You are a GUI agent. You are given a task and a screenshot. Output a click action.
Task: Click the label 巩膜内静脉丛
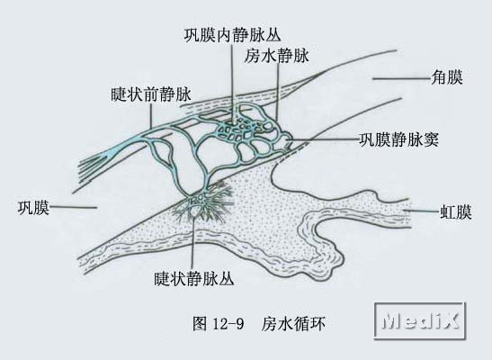coord(232,34)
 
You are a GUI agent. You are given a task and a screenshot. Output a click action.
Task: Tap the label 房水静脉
coord(277,56)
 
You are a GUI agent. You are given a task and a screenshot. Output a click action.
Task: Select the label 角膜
coord(447,77)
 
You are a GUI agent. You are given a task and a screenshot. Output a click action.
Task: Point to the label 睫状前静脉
coord(151,94)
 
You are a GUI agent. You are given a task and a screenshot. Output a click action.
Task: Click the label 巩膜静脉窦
coord(398,139)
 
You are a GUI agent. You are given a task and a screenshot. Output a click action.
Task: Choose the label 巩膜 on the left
coord(34,208)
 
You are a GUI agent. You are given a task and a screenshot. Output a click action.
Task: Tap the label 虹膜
coord(456,211)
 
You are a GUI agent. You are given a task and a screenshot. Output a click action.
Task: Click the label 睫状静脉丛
coord(194,278)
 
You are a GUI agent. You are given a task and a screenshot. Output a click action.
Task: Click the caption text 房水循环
coord(292,324)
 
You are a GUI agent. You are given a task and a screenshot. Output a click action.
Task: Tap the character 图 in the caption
coord(200,324)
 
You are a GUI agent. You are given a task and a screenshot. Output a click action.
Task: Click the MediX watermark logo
coord(420,320)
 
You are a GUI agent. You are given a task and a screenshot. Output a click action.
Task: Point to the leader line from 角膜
coord(402,78)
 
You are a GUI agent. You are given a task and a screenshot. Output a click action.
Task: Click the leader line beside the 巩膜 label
coord(74,207)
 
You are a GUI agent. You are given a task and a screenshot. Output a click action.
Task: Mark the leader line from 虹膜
coord(422,211)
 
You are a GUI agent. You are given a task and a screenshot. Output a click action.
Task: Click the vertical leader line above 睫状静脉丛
coord(192,243)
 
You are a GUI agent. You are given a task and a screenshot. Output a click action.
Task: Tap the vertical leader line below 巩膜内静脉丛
coord(232,84)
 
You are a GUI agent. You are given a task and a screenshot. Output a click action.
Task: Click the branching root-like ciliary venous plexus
coord(204,203)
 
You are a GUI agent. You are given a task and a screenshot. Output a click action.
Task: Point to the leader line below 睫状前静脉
coord(151,115)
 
